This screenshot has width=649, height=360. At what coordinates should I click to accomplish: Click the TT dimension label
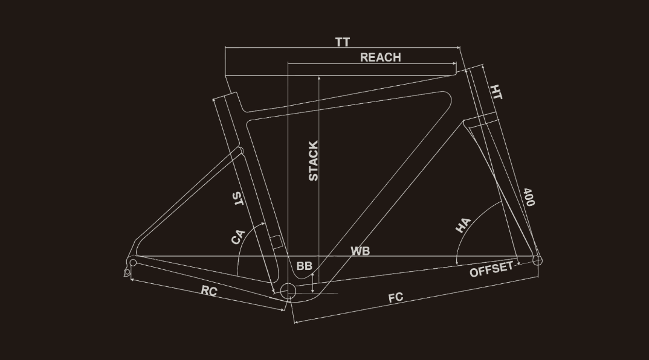point(342,42)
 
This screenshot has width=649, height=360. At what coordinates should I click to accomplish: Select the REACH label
point(380,57)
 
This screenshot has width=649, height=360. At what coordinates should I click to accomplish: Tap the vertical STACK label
point(314,161)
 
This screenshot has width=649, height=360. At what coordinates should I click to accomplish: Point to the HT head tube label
point(496,92)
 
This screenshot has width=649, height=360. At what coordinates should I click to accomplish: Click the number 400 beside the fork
point(529,197)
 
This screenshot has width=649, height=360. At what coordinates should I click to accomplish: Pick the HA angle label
point(463,225)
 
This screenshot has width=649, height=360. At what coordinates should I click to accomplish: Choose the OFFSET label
point(491,269)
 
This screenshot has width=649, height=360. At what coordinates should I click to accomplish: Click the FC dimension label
point(396,298)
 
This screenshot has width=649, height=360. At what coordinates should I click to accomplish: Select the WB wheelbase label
point(360,251)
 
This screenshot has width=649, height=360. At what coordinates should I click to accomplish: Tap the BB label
point(304,266)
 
